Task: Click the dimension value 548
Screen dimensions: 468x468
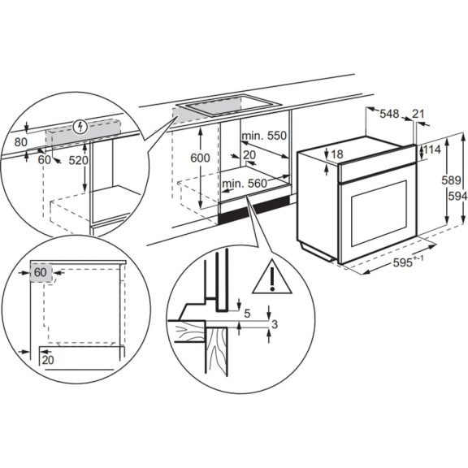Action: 389,115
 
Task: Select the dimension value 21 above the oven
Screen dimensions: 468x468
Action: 418,115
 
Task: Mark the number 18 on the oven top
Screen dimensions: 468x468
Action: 338,154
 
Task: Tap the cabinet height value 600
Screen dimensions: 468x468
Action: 199,157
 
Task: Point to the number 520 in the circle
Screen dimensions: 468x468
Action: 101,161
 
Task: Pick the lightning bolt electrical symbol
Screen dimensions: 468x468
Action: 78,126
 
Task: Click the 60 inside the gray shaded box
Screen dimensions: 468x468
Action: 40,273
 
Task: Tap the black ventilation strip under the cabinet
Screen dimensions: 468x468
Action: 245,214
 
